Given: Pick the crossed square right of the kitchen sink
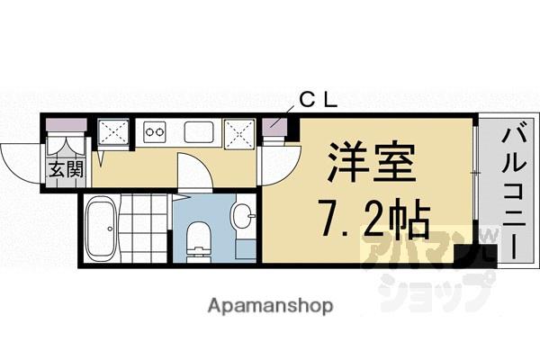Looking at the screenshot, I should click(240, 136).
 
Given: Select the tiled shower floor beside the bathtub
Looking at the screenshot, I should click(145, 226).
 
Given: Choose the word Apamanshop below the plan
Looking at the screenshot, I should click(269, 306).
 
